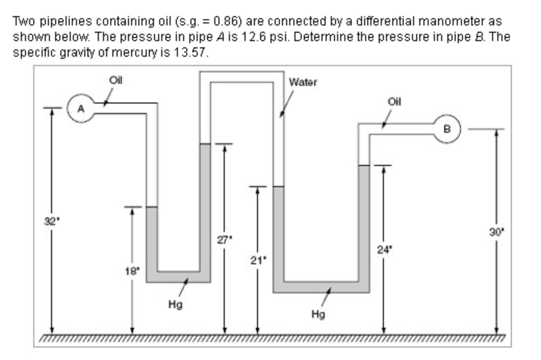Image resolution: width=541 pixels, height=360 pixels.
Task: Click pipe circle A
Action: [x=81, y=108]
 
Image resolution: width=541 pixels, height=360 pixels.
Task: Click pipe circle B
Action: [x=447, y=128]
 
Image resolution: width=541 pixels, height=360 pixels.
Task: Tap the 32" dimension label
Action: [x=51, y=221]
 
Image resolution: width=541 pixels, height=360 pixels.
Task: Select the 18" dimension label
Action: [x=132, y=271]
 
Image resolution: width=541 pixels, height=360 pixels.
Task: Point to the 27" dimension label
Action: [x=225, y=239]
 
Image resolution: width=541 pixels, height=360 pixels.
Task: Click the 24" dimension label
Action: [x=384, y=250]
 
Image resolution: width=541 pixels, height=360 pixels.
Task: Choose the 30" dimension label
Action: [x=496, y=232]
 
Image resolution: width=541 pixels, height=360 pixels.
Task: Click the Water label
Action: [x=303, y=82]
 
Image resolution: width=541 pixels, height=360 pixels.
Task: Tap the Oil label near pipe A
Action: [x=115, y=81]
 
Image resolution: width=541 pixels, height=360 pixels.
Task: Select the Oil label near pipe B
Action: [x=394, y=102]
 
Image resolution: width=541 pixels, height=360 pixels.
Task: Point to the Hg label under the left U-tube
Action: [x=175, y=305]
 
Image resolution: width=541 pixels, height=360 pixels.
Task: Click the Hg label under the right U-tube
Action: [x=318, y=314]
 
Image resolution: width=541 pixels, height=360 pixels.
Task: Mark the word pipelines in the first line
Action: [x=66, y=22]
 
